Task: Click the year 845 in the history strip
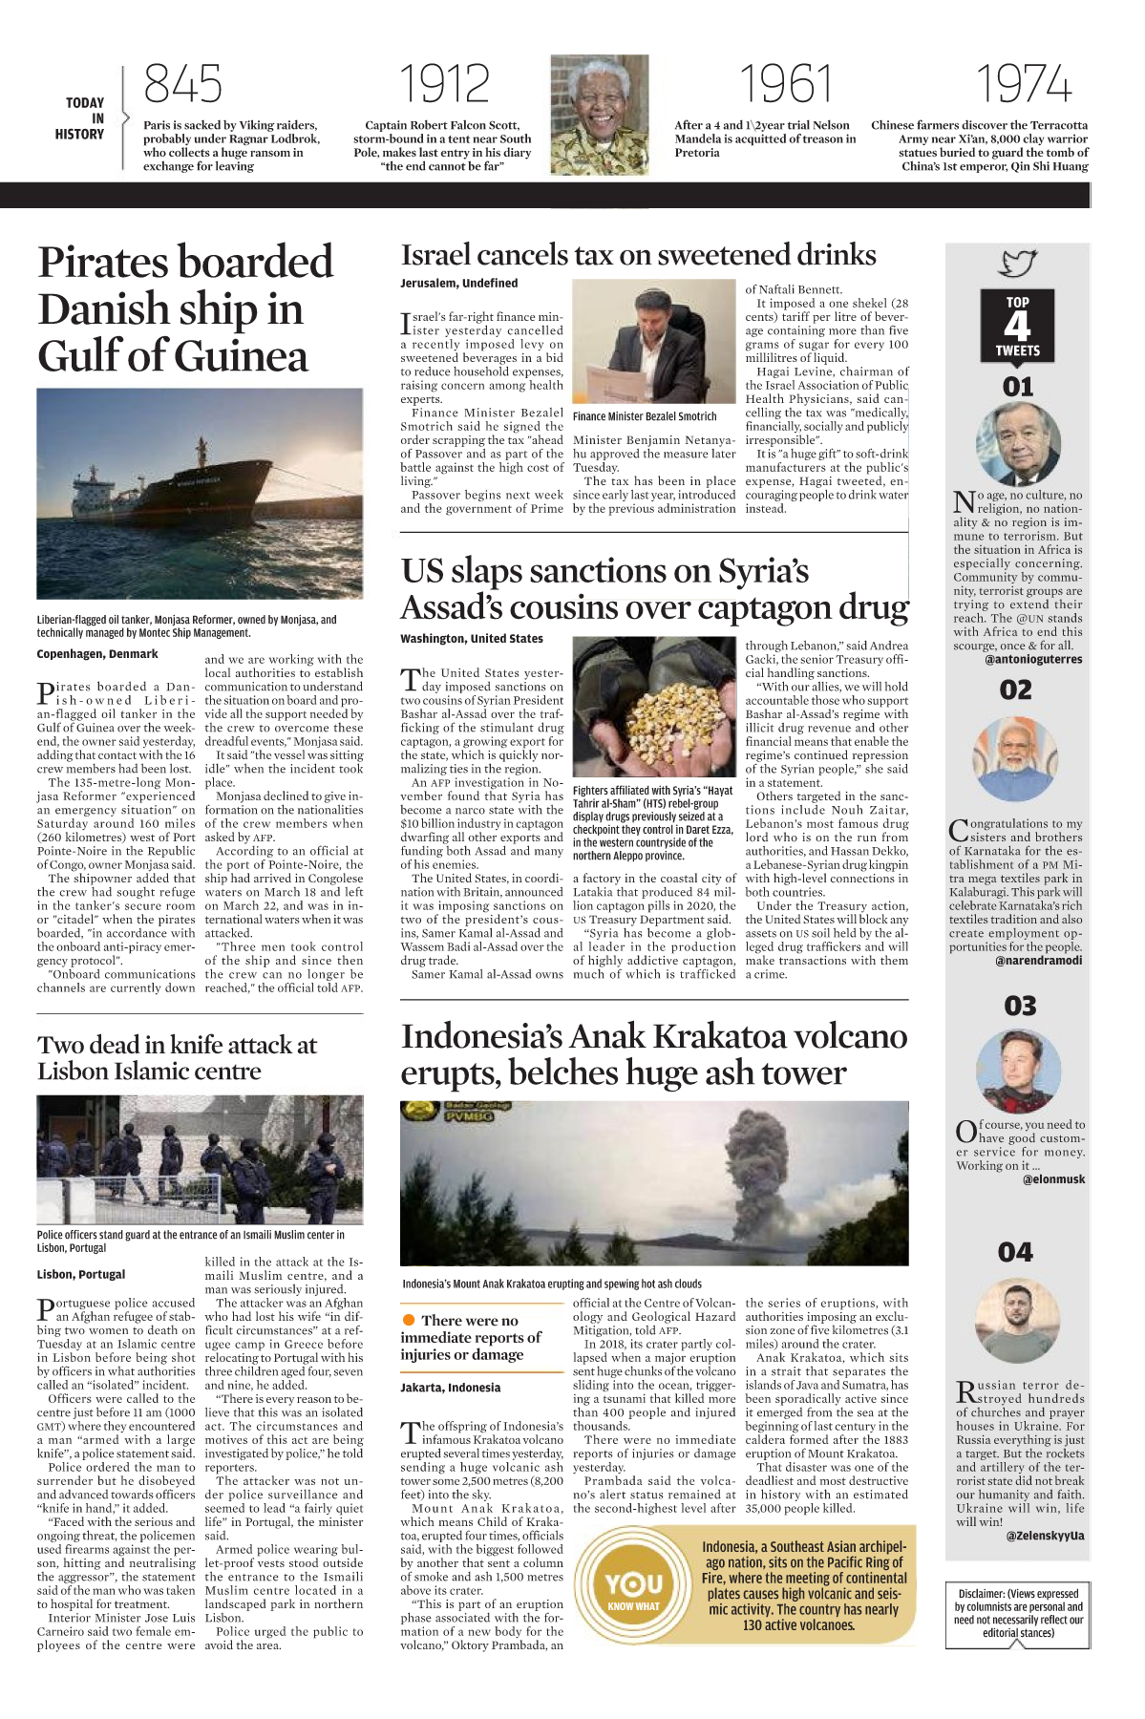tap(182, 84)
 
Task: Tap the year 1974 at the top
tap(1023, 84)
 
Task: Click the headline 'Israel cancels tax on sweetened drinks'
tap(638, 255)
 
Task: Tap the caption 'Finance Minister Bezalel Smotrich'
tap(645, 416)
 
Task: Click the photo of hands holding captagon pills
tap(653, 707)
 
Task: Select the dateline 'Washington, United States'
tap(472, 639)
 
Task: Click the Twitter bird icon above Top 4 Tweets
tap(1018, 263)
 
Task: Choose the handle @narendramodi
tap(1038, 961)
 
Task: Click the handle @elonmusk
tap(1053, 1179)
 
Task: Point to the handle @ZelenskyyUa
tap(1045, 1536)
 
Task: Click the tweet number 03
tap(1020, 1006)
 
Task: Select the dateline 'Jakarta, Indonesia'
tap(450, 1388)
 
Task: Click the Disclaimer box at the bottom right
tap(1018, 1613)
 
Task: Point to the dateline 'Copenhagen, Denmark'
tap(97, 654)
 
